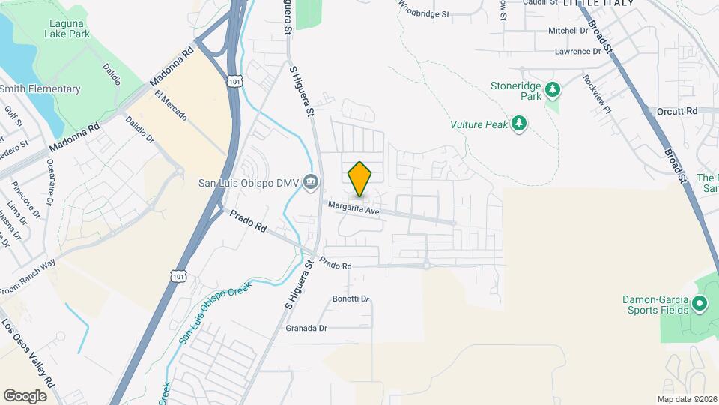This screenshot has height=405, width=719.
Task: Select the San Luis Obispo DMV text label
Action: (x=249, y=183)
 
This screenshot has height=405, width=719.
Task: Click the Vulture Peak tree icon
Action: (x=519, y=123)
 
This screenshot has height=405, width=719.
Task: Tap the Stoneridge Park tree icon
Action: (x=553, y=91)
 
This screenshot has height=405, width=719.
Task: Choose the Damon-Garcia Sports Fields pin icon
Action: (x=700, y=304)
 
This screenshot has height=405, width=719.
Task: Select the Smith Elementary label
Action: (x=40, y=89)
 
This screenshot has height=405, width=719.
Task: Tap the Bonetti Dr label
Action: (x=352, y=298)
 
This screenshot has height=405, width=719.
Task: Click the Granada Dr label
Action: (x=307, y=328)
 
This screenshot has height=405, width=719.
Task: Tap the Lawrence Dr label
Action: (x=577, y=52)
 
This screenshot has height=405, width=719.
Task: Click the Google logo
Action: (x=25, y=395)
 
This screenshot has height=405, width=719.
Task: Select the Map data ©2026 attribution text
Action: (x=686, y=399)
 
